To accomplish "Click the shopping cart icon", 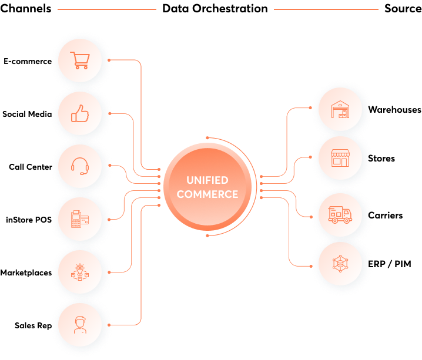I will coord(79,60).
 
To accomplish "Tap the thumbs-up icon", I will coord(79,113).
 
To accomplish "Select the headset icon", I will coord(79,166).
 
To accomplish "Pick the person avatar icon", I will coord(79,324).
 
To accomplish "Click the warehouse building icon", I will coord(340,110).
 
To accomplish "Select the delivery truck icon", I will coord(340,215).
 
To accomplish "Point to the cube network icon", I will coord(340,265).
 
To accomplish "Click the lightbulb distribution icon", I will coord(79,272).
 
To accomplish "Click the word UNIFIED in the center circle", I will coord(207,180).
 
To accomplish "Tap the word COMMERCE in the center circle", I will coord(207,194).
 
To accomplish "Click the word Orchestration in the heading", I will coord(233,8).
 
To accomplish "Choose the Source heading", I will coord(403,8).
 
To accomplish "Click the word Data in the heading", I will coord(176,8).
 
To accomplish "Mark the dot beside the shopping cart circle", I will coord(112,60).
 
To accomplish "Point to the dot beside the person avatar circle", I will coord(112,324).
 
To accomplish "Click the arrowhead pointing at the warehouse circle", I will coord(310,108).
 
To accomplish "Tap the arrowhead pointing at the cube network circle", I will coord(310,266).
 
